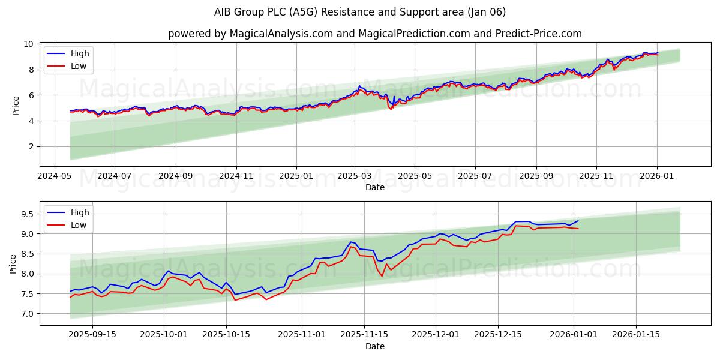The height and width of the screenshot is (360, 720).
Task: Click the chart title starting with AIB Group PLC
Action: pos(360,12)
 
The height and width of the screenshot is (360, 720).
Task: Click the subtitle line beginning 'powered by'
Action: pos(360,34)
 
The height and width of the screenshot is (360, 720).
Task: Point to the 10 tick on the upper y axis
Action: pos(29,44)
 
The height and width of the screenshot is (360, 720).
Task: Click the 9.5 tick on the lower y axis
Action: pos(26,214)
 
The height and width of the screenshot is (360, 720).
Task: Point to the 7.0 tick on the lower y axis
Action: pos(26,314)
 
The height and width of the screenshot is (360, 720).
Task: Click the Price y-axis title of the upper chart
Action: pos(16,104)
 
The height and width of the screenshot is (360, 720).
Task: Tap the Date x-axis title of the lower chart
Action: pos(375,347)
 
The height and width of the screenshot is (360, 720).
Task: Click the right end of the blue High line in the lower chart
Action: pos(578,221)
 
